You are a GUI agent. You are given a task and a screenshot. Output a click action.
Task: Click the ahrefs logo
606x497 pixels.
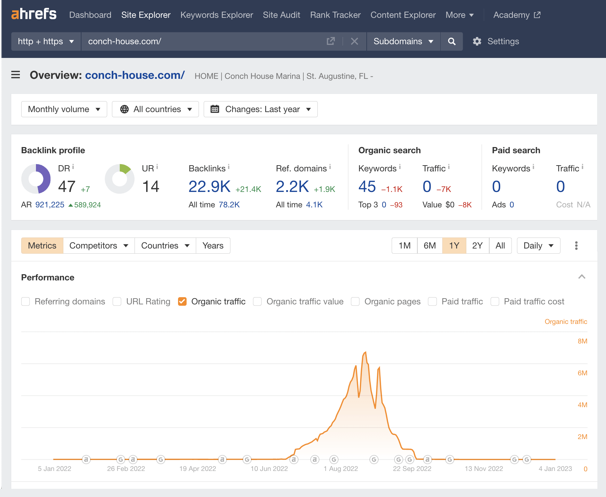tap(34, 14)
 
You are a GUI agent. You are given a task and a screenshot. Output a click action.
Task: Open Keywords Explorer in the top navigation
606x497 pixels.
tap(216, 15)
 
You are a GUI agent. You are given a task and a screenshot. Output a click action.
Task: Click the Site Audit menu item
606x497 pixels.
tap(281, 15)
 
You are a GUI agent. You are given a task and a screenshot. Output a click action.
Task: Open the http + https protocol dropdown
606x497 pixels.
tap(46, 41)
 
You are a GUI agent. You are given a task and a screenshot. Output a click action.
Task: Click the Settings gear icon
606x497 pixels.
tap(477, 41)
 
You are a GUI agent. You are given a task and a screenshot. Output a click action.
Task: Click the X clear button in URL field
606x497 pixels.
tap(354, 41)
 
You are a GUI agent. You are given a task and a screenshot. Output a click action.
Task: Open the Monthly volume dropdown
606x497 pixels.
tap(64, 109)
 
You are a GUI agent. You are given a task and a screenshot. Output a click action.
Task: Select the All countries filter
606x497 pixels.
tap(155, 109)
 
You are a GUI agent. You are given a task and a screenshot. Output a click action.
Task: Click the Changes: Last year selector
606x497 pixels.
tap(261, 109)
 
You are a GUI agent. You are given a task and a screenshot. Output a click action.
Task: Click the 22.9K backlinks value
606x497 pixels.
tap(210, 187)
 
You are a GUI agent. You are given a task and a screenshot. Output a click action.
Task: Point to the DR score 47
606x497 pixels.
tap(67, 187)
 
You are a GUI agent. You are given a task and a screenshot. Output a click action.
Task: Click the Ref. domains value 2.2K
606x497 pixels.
tap(292, 187)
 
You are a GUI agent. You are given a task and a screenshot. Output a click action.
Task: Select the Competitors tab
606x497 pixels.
tap(99, 246)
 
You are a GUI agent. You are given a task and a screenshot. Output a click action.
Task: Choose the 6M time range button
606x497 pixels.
tap(430, 246)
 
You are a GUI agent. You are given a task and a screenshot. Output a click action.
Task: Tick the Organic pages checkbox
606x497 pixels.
tap(355, 302)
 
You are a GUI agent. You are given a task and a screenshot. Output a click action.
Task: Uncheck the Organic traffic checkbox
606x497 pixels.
tap(182, 302)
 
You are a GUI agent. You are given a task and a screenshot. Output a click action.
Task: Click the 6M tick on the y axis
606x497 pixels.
tap(582, 373)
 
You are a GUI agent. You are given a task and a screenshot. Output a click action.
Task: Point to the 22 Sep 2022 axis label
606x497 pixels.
tap(412, 469)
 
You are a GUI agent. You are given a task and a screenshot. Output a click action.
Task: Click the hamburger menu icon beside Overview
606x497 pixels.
tap(16, 75)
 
